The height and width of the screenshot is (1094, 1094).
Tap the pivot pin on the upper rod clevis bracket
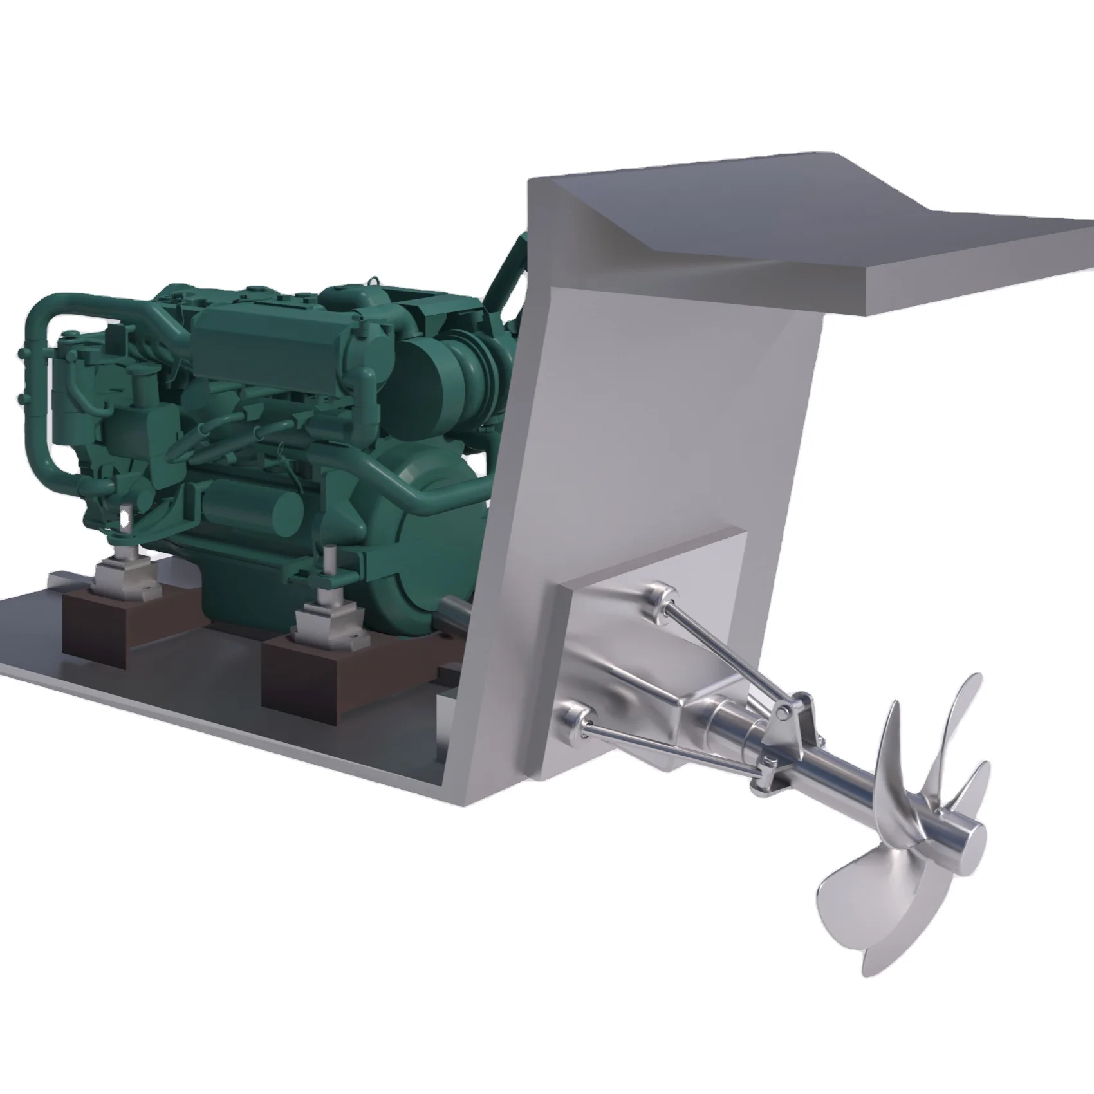(783, 710)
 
